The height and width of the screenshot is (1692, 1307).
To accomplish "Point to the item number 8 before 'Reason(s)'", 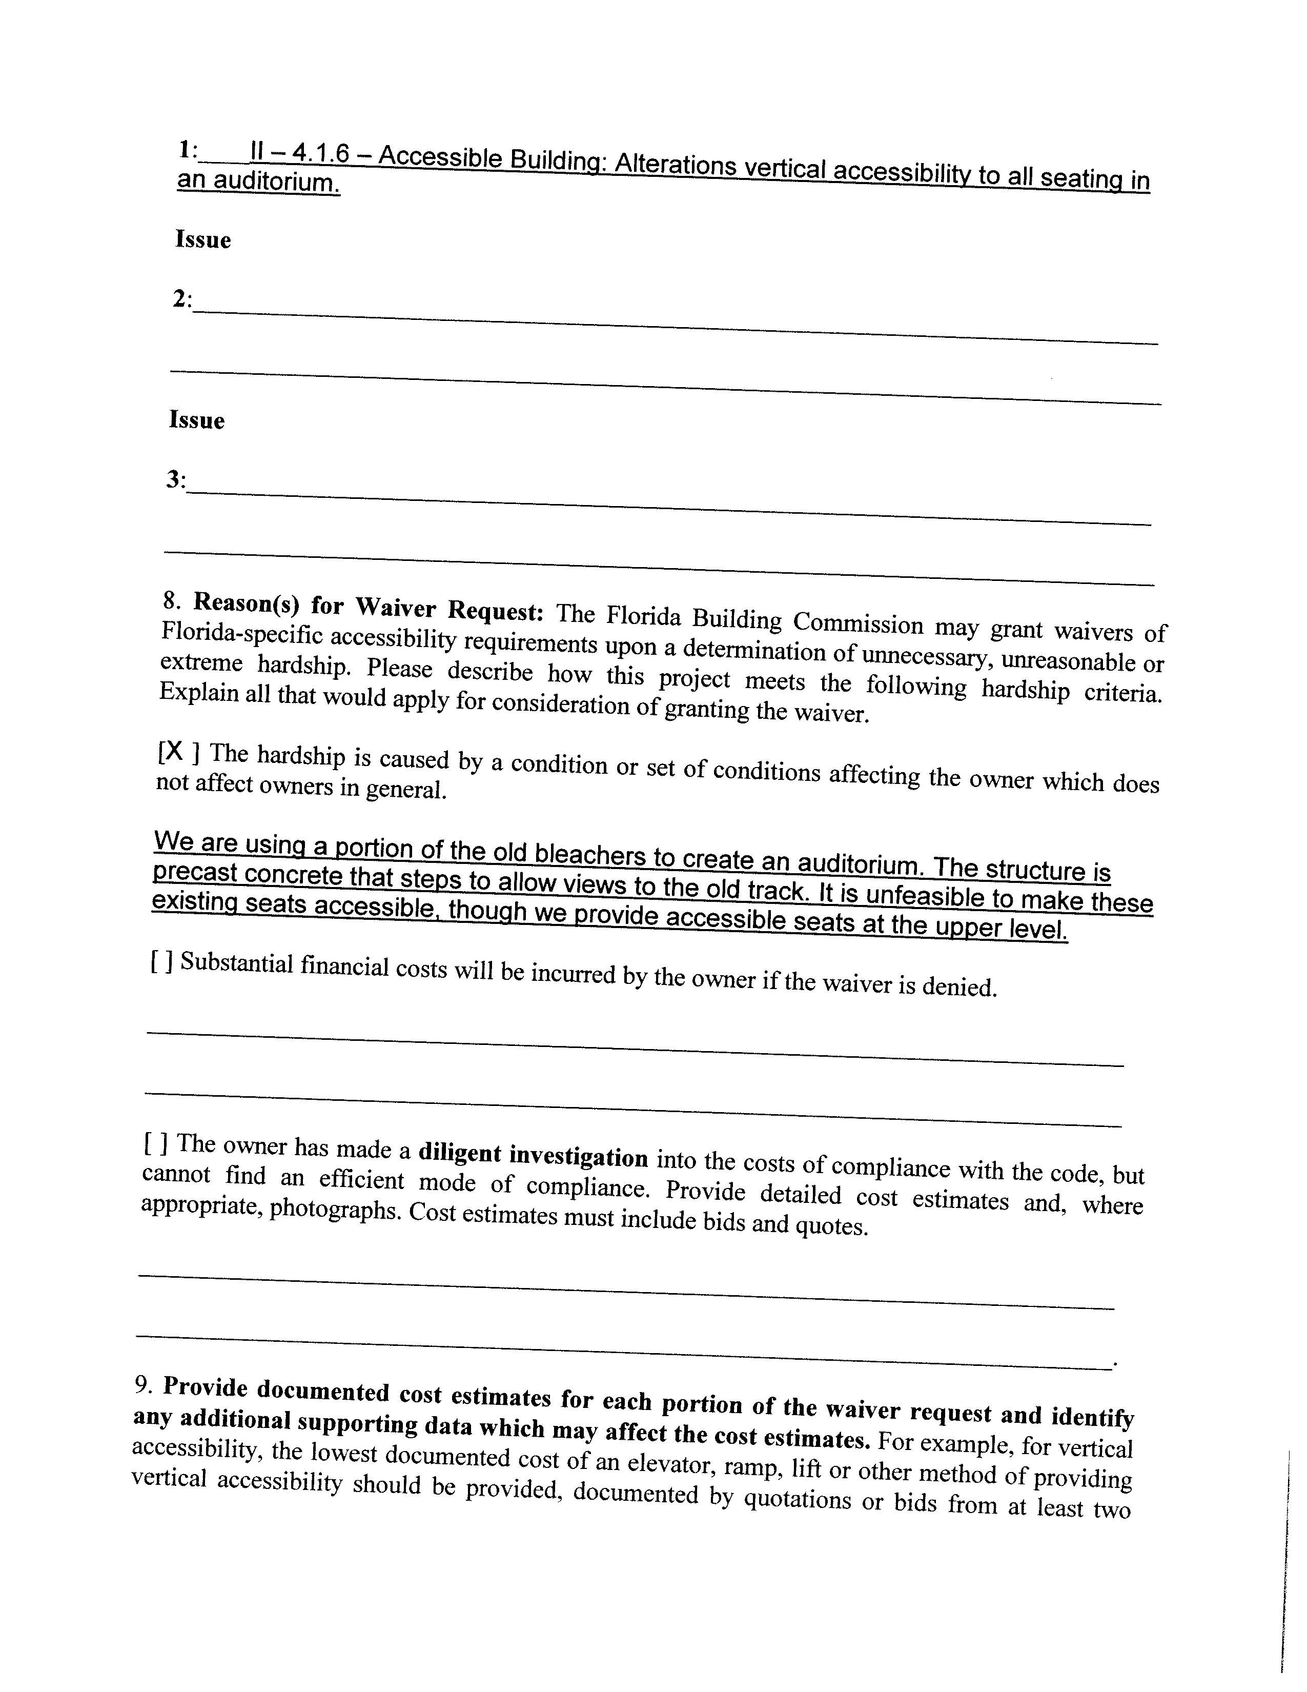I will coord(170,600).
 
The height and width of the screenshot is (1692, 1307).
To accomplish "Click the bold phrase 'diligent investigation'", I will coord(533,1155).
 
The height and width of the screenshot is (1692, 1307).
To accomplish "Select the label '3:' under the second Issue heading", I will coord(176,480).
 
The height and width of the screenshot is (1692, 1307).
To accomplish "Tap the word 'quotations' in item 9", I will coord(798,1500).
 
